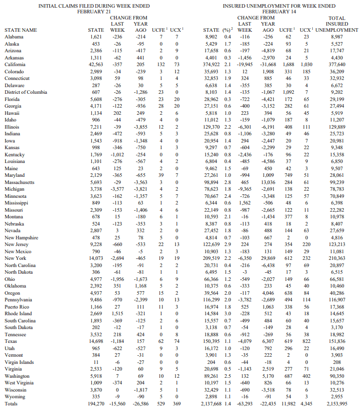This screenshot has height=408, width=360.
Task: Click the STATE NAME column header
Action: pyautogui.click(x=21, y=30)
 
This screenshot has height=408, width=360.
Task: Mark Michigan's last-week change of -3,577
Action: pyautogui.click(x=117, y=189)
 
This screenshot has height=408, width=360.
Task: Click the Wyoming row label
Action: pyautogui.click(x=15, y=397)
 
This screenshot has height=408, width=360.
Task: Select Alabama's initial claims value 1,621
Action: pyautogui.click(x=97, y=37)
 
